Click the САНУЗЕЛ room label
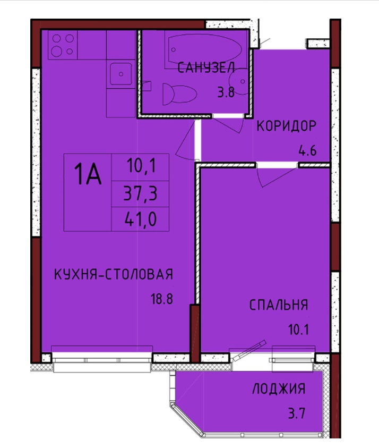(x=206, y=68)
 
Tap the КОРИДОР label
(x=287, y=126)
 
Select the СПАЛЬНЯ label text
(x=279, y=305)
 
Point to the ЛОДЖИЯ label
(x=279, y=389)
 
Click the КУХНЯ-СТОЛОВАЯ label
(x=114, y=274)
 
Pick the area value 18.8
(x=162, y=299)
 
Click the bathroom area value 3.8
(x=226, y=92)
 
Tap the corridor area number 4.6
(x=307, y=150)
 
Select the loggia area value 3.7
(x=297, y=413)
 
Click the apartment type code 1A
(x=88, y=175)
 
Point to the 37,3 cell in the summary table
(x=140, y=194)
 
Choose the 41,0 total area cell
(x=140, y=219)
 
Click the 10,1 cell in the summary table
(x=140, y=167)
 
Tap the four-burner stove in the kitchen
(x=63, y=45)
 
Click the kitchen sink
(x=121, y=74)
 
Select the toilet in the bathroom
(x=179, y=94)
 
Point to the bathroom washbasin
(x=238, y=81)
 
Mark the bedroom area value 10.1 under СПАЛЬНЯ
(x=298, y=330)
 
